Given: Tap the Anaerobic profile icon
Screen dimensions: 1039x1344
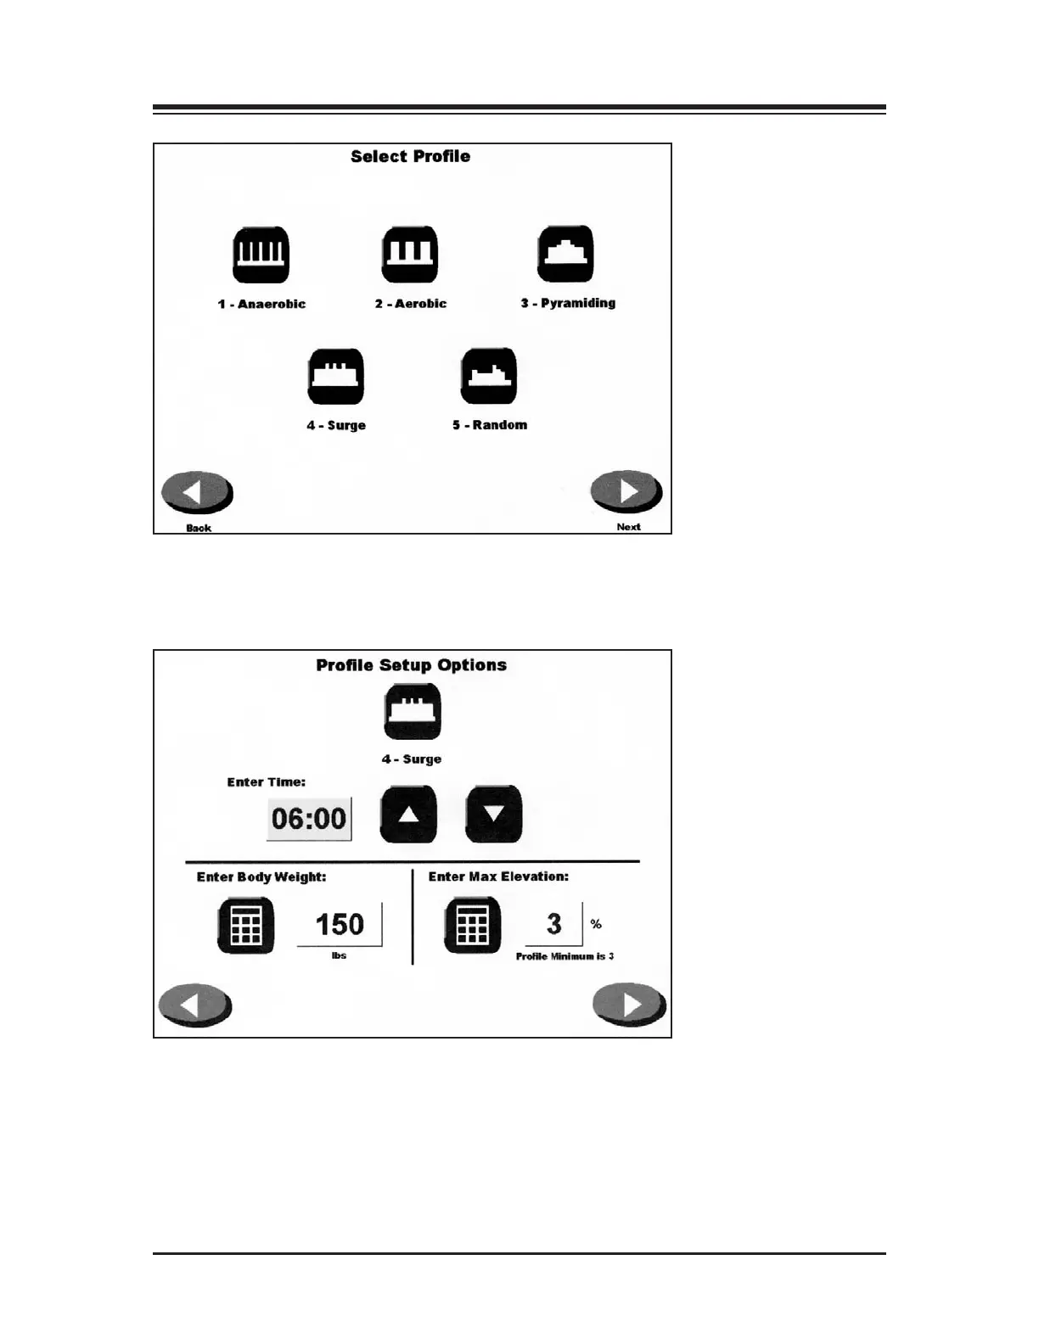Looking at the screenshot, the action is point(261,255).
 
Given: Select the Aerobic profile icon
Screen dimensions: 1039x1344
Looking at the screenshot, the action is point(410,255).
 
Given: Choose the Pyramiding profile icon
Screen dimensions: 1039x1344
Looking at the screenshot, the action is point(565,254).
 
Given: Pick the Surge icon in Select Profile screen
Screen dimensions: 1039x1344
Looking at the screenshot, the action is point(336,377).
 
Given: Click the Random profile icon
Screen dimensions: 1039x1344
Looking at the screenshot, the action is point(489,376).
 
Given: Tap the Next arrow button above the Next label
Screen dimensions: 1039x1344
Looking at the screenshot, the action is point(626,491).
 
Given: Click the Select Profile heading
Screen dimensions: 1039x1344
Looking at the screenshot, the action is point(410,156).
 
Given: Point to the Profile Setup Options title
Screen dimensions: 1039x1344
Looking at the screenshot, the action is point(411,665).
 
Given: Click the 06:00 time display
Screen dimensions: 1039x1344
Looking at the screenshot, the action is point(309,819).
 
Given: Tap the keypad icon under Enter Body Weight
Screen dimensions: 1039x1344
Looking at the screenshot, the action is point(246,926).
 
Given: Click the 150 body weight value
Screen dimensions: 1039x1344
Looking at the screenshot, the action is point(340,924).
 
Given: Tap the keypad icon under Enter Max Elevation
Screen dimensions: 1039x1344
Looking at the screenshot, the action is point(473,926).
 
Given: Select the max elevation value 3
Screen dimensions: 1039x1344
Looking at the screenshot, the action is point(554,924).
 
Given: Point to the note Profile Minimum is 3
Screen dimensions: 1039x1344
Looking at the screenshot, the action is point(564,956).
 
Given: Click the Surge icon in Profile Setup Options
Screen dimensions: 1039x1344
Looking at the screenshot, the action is point(413,712).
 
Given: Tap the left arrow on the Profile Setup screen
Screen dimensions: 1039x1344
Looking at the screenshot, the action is point(195,1005).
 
